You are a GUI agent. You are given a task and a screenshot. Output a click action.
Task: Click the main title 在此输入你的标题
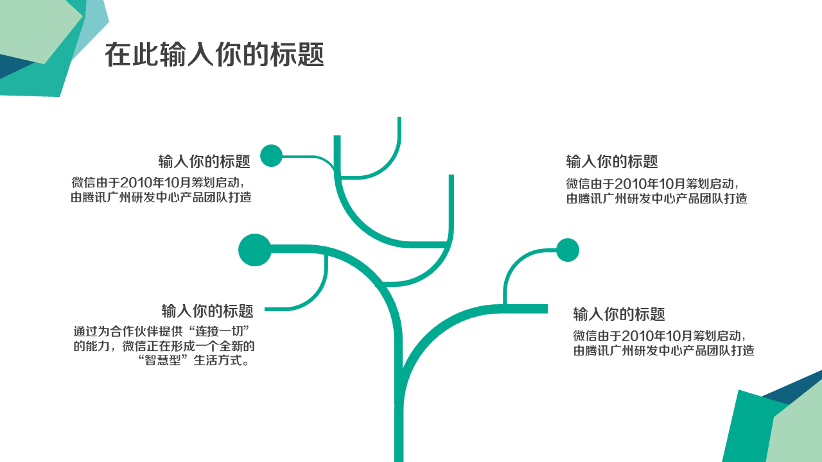214,55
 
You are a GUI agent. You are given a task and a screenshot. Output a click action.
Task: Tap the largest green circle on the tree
255,250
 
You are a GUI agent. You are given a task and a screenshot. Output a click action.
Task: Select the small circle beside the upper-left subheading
271,156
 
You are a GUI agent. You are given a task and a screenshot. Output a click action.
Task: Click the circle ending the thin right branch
568,250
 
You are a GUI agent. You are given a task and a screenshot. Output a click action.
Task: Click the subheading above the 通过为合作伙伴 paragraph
207,311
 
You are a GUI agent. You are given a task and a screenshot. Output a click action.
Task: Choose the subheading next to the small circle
204,161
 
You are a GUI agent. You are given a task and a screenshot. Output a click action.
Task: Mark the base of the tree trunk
399,452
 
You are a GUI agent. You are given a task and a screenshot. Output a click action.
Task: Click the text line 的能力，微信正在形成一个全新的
164,346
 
